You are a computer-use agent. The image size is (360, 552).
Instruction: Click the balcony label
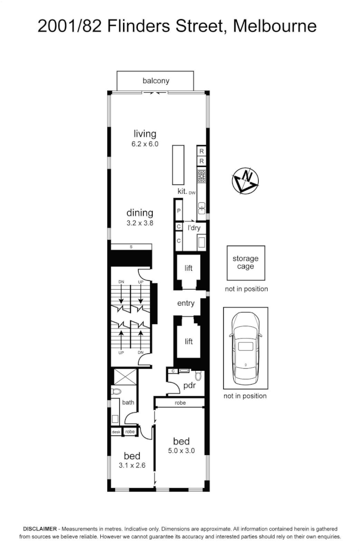click(156, 81)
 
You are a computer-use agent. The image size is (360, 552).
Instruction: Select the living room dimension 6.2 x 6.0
click(145, 144)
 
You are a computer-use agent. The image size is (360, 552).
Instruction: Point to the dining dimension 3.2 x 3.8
click(139, 223)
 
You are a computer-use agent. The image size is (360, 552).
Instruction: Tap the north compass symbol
click(245, 181)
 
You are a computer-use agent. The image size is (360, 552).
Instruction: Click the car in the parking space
click(245, 348)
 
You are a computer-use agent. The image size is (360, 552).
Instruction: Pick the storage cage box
click(245, 263)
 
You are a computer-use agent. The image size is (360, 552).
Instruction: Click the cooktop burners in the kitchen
click(201, 176)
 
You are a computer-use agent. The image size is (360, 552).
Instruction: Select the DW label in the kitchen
click(192, 193)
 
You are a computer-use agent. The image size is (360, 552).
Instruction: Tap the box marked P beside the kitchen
click(179, 211)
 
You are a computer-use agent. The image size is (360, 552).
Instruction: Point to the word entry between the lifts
click(186, 304)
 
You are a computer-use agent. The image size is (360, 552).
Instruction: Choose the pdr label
click(190, 385)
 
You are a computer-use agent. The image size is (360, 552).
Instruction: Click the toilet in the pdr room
click(198, 377)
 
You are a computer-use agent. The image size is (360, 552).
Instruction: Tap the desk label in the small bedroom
click(116, 432)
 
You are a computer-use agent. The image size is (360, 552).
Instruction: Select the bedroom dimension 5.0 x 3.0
click(181, 451)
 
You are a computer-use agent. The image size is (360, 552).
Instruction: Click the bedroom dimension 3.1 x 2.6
click(131, 466)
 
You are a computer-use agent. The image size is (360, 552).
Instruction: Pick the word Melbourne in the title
click(275, 25)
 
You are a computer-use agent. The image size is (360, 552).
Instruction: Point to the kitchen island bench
click(178, 164)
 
